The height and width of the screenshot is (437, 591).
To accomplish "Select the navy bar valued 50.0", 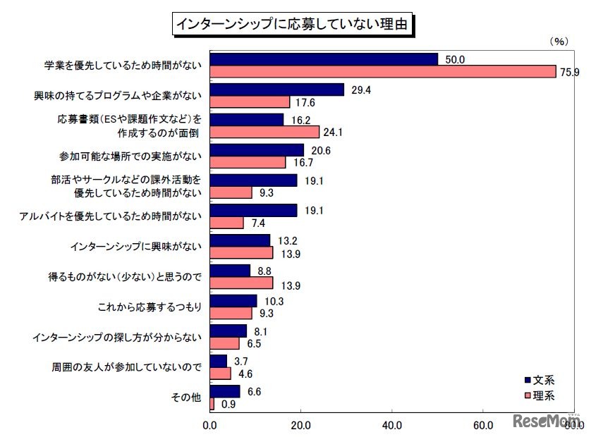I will tap(324, 59).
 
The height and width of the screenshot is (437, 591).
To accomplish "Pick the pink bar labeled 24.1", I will tap(264, 131).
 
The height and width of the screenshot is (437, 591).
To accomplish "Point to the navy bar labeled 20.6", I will tap(257, 149).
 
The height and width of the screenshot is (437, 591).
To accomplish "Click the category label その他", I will tap(186, 398).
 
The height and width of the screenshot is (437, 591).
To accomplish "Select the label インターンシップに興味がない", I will tap(136, 247).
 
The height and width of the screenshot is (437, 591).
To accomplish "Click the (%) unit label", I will tap(558, 42).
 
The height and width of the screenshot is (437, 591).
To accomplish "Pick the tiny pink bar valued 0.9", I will tap(212, 404).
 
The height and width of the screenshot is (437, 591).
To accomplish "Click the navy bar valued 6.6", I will tap(225, 391).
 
